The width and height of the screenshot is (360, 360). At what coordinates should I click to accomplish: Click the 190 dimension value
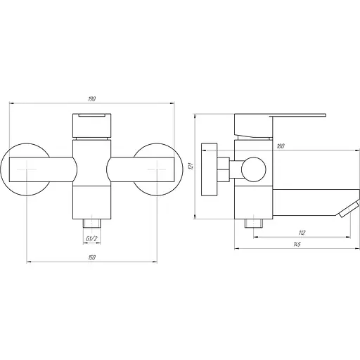tap(92, 99)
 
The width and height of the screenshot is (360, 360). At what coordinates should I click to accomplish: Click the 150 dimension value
tap(92, 257)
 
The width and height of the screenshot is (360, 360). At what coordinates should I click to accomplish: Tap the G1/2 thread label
tap(91, 239)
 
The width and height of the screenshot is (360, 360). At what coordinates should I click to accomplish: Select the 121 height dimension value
tap(191, 166)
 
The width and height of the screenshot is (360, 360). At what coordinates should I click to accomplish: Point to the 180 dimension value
tap(281, 146)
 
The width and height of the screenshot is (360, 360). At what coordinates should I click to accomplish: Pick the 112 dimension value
tap(302, 233)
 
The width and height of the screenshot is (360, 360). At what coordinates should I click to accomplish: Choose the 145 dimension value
tap(297, 244)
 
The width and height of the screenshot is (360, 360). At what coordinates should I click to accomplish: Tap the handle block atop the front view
tap(91, 125)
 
